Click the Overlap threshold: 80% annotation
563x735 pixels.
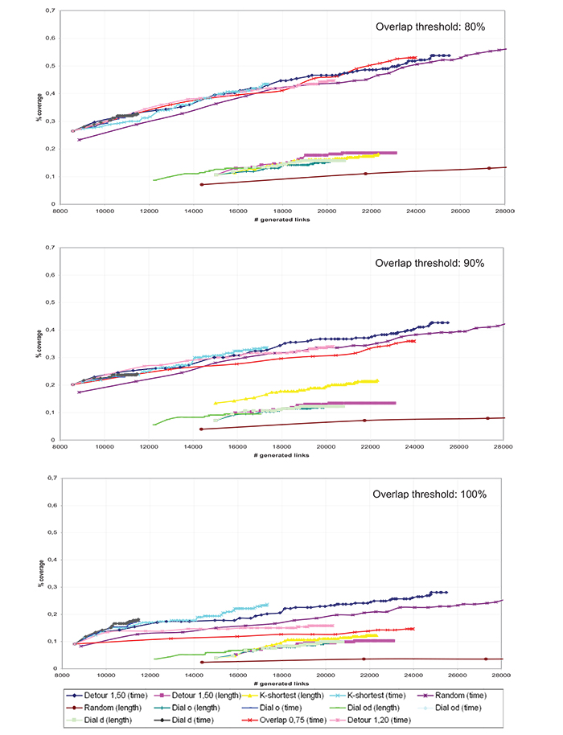[430, 27]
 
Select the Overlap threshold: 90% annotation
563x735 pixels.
[430, 263]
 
